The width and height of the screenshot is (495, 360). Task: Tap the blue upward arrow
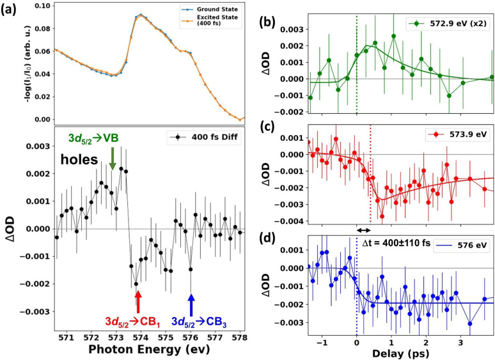click(x=191, y=305)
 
